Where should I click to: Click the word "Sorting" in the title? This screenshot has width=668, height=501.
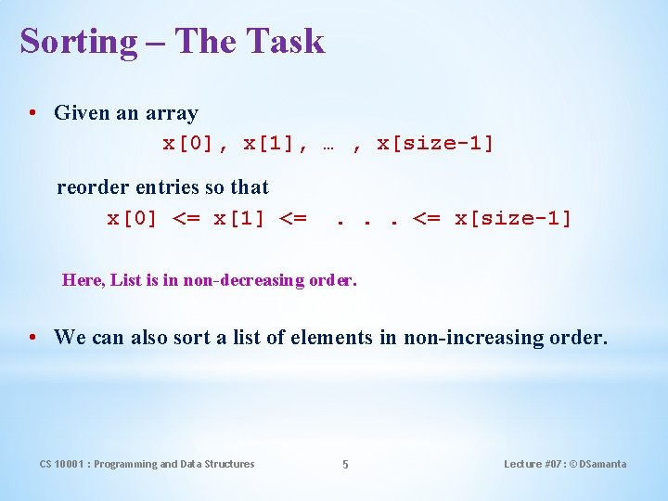click(78, 42)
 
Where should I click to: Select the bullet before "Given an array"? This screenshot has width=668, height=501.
click(32, 113)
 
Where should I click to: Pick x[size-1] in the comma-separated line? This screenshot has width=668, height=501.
click(435, 144)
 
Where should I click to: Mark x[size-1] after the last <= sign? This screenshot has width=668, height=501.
click(513, 219)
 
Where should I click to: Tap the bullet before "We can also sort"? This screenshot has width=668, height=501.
click(32, 337)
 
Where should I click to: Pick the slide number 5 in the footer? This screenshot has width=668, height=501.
click(345, 465)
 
